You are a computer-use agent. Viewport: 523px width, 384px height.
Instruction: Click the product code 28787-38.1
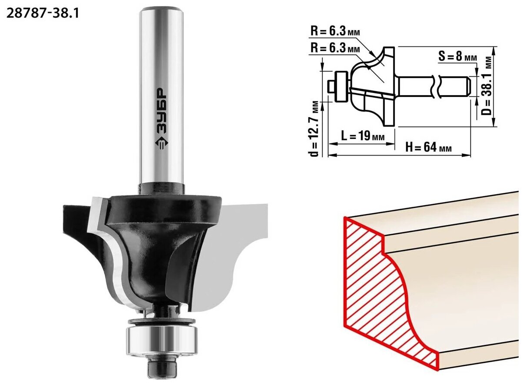pos(43,13)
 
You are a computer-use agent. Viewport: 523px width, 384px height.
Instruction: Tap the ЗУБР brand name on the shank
pos(161,110)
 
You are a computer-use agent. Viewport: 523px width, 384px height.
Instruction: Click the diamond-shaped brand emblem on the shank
pos(161,142)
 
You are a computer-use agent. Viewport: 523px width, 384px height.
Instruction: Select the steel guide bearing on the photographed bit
pos(162,338)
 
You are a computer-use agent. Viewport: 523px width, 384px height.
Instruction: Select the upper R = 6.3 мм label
pos(335,31)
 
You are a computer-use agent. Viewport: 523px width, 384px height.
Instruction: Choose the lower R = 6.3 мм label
pos(335,48)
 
